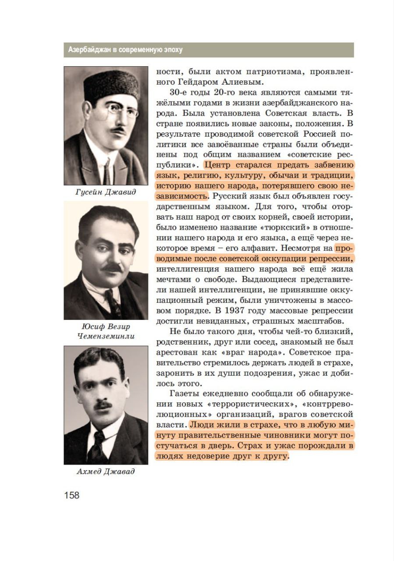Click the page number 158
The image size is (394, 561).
pos(72,495)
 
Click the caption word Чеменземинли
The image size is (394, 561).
pos(106,336)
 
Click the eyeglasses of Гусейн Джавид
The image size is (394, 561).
pos(117,110)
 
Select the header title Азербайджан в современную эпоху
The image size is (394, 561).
pos(125,50)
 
